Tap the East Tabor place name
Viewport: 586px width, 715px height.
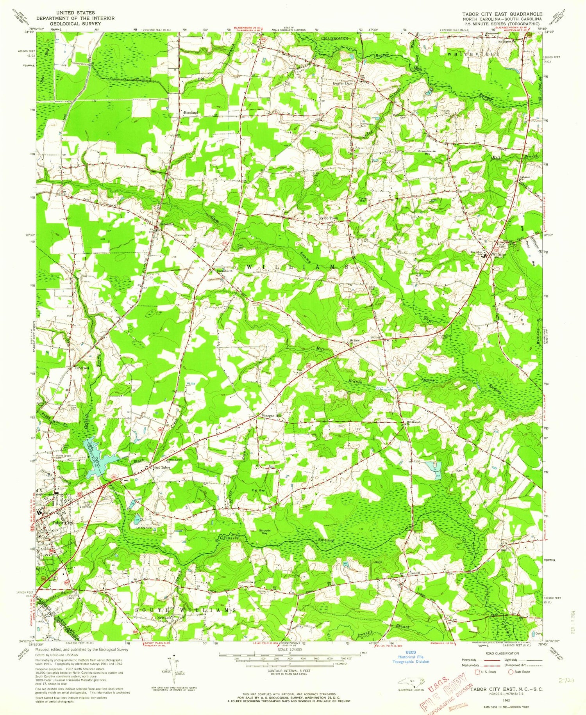point(161,467)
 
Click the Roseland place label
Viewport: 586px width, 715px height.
point(191,112)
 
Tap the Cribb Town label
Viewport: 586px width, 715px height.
point(329,218)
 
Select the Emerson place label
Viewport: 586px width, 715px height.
point(82,368)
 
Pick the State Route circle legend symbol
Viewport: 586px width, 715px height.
point(510,672)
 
